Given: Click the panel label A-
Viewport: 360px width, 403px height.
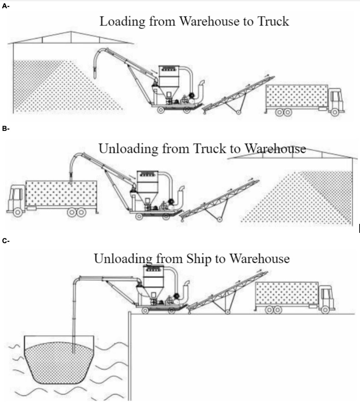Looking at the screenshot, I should coord(6,7).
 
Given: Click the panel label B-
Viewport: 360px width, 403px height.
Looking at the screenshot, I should coord(6,129).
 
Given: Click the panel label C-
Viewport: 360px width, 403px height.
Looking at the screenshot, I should coord(6,241).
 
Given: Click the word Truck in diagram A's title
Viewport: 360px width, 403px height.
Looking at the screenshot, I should coord(272,21).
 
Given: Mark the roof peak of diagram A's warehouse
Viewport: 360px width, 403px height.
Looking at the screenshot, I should coord(71,32).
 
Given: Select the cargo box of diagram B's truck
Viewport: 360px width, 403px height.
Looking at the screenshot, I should coord(61,193).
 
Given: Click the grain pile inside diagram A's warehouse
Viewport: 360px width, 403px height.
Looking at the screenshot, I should coord(59,90).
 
